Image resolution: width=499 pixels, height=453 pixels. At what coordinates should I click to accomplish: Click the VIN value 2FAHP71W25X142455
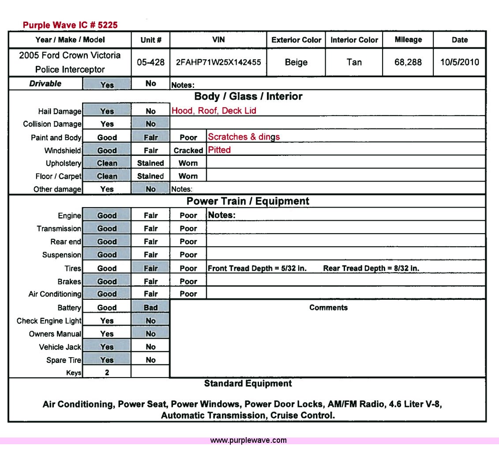click(x=218, y=62)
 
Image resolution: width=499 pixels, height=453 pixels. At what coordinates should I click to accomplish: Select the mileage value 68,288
click(x=408, y=62)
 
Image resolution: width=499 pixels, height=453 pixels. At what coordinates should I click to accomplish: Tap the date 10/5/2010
click(x=459, y=62)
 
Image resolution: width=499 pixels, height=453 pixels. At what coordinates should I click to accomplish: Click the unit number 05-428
click(x=150, y=62)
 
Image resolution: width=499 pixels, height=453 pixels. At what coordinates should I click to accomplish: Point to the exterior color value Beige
click(x=296, y=62)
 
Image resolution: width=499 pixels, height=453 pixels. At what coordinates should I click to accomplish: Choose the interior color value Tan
click(x=354, y=62)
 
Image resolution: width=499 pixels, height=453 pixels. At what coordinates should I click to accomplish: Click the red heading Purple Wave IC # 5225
click(x=70, y=25)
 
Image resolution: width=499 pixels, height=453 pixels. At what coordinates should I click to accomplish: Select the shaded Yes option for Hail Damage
click(x=107, y=111)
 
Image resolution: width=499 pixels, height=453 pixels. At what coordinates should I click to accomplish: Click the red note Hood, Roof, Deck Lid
click(x=214, y=111)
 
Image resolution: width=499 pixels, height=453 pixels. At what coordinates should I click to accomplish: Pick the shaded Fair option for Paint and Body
click(x=150, y=137)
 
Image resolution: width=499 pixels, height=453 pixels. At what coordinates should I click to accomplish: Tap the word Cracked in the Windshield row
click(x=188, y=151)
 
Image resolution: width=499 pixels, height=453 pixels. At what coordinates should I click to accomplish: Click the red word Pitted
click(x=219, y=150)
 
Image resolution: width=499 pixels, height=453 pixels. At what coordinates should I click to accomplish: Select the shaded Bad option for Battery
click(x=150, y=308)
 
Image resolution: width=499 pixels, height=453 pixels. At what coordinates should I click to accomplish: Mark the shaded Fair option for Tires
click(x=150, y=268)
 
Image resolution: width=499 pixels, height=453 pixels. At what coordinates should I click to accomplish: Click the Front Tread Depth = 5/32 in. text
click(x=257, y=268)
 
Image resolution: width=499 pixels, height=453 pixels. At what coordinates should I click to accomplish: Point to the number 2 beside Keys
click(x=107, y=373)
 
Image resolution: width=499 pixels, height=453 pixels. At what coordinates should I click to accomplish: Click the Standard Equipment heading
click(x=248, y=384)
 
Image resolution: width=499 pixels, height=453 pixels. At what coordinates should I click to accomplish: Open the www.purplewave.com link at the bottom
click(x=248, y=440)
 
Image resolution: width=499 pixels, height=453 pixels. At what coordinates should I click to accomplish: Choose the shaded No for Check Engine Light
click(x=150, y=321)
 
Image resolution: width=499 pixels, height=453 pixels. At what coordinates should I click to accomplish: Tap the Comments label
click(x=328, y=308)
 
